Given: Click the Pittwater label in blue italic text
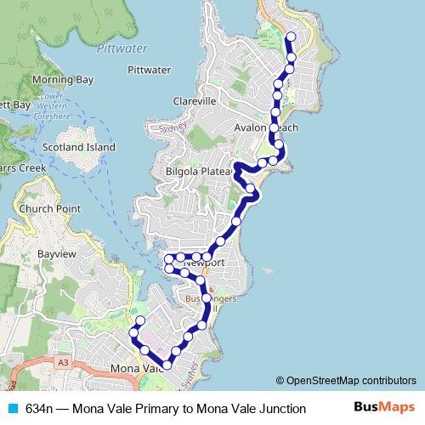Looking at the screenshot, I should (122, 49).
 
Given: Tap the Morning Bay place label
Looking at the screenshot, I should (62, 80).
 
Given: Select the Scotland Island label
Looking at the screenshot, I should (79, 147).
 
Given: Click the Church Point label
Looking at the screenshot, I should (52, 209).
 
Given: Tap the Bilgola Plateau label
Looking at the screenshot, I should (200, 171).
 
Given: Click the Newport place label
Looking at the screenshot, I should (204, 263).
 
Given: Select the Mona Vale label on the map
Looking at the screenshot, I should (136, 369).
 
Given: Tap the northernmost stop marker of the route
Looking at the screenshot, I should (291, 37).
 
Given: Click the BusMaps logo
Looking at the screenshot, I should (385, 407).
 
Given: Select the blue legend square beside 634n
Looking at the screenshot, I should (11, 409).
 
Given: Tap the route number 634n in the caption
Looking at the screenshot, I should (40, 409).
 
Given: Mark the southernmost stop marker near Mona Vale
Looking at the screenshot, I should (167, 365).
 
